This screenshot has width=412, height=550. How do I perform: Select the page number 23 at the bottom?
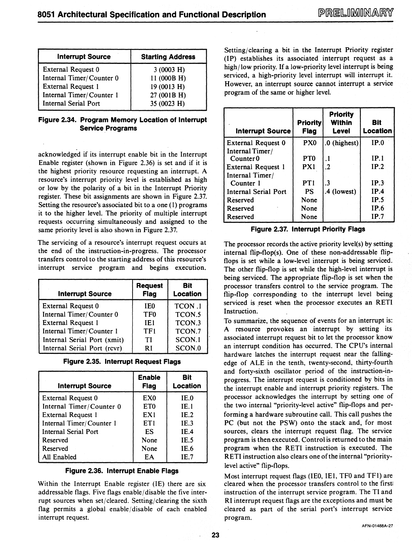tap(216, 535)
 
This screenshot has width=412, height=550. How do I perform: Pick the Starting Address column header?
tap(168, 57)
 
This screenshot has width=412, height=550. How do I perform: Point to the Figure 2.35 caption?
tap(122, 361)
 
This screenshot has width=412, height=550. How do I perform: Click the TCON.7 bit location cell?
tap(188, 331)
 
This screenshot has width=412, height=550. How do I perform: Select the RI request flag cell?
tap(150, 348)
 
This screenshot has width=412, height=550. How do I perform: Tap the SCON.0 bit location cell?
tap(188, 348)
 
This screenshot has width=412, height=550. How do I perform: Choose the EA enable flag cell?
tap(149, 457)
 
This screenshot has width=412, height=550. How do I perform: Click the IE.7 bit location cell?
tap(187, 457)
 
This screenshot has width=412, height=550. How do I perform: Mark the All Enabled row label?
tap(59, 457)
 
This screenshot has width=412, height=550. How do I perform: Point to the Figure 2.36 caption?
tap(122, 471)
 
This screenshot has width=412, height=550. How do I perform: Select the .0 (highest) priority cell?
tap(342, 143)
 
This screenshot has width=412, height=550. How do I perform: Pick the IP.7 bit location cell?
tap(378, 217)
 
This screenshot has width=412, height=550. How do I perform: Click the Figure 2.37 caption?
tap(308, 229)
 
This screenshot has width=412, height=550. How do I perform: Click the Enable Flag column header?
tap(149, 382)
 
